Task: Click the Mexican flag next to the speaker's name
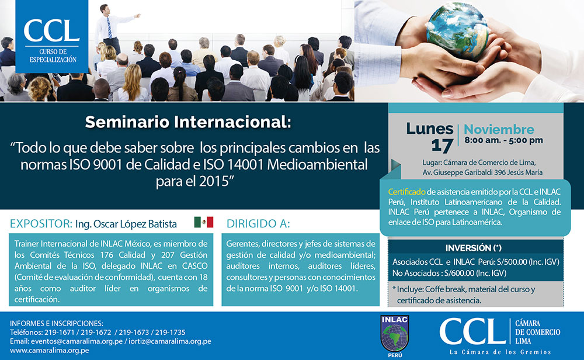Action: click(x=203, y=222)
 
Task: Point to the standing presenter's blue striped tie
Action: click(x=109, y=27)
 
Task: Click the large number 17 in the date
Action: click(x=442, y=146)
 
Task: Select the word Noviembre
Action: click(x=499, y=129)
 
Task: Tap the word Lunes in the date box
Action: click(x=429, y=129)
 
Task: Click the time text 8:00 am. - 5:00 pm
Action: click(x=503, y=140)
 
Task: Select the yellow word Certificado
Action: click(x=406, y=192)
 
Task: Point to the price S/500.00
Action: click(x=512, y=262)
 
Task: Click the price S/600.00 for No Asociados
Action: click(x=460, y=273)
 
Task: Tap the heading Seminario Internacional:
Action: click(x=188, y=122)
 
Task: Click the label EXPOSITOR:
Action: click(x=41, y=224)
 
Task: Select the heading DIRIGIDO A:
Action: click(x=258, y=224)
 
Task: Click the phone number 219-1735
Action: click(x=170, y=333)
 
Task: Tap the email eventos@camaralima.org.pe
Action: click(x=77, y=341)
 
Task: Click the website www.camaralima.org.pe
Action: click(x=50, y=350)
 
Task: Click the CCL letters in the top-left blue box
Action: click(x=52, y=30)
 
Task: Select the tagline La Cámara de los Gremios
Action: click(x=500, y=352)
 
